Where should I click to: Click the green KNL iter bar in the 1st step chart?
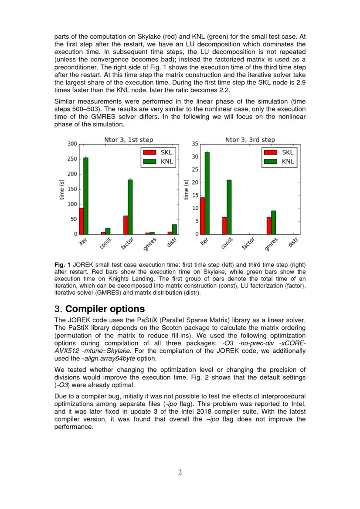[x=86, y=196]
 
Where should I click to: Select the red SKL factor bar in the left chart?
[x=126, y=225]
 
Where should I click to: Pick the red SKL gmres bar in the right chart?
[x=269, y=226]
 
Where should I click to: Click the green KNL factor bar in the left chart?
[x=130, y=207]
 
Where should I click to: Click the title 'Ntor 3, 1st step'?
[x=129, y=140]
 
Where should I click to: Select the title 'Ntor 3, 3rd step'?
[x=250, y=140]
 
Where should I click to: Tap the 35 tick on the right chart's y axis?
[x=195, y=144]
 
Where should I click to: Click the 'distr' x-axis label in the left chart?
[x=171, y=243]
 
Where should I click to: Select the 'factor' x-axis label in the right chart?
[x=248, y=244]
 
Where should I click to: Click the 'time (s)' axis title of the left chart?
[x=62, y=189]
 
